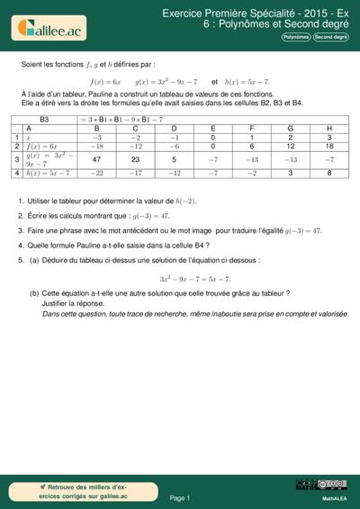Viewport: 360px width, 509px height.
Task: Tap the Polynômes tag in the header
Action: (x=296, y=37)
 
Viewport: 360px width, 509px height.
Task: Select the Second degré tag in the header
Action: (x=330, y=37)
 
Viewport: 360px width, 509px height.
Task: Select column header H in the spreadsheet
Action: (x=329, y=128)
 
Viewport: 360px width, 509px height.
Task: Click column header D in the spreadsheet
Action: (x=175, y=128)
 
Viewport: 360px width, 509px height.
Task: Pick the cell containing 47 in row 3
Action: (x=96, y=158)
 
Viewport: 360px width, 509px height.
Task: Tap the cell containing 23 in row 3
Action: (x=135, y=158)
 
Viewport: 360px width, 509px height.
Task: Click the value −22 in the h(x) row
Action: (x=96, y=173)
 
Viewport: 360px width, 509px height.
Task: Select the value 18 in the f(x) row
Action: (x=329, y=146)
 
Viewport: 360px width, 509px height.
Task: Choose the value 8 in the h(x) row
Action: (x=329, y=173)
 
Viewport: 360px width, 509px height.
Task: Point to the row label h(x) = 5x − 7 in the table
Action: (x=48, y=173)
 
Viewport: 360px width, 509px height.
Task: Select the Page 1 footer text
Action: (x=179, y=497)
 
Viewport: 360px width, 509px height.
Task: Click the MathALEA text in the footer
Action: (x=334, y=497)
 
